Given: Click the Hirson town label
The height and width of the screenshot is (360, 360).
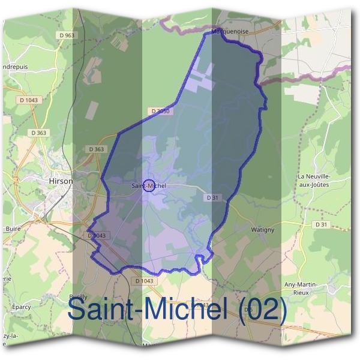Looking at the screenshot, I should click(x=61, y=180).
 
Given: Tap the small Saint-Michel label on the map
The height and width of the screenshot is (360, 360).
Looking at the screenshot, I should click(x=148, y=186).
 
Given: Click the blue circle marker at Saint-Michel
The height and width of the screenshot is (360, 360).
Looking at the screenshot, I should click(x=150, y=184).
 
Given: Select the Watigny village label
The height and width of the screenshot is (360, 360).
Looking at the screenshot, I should click(x=262, y=229).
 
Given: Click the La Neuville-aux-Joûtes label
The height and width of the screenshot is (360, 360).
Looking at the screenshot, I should click(x=314, y=181).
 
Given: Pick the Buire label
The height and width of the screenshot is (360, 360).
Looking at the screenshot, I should click(x=13, y=229).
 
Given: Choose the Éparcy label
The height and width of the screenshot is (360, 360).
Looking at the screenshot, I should click(x=21, y=307).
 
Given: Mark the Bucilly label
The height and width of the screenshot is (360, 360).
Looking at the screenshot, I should click(x=79, y=297).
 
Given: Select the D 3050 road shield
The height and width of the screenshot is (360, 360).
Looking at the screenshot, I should click(x=160, y=111).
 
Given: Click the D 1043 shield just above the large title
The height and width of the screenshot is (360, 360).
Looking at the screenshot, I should click(x=145, y=281).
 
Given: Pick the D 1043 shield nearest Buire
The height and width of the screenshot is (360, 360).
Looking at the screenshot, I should click(x=97, y=236).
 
